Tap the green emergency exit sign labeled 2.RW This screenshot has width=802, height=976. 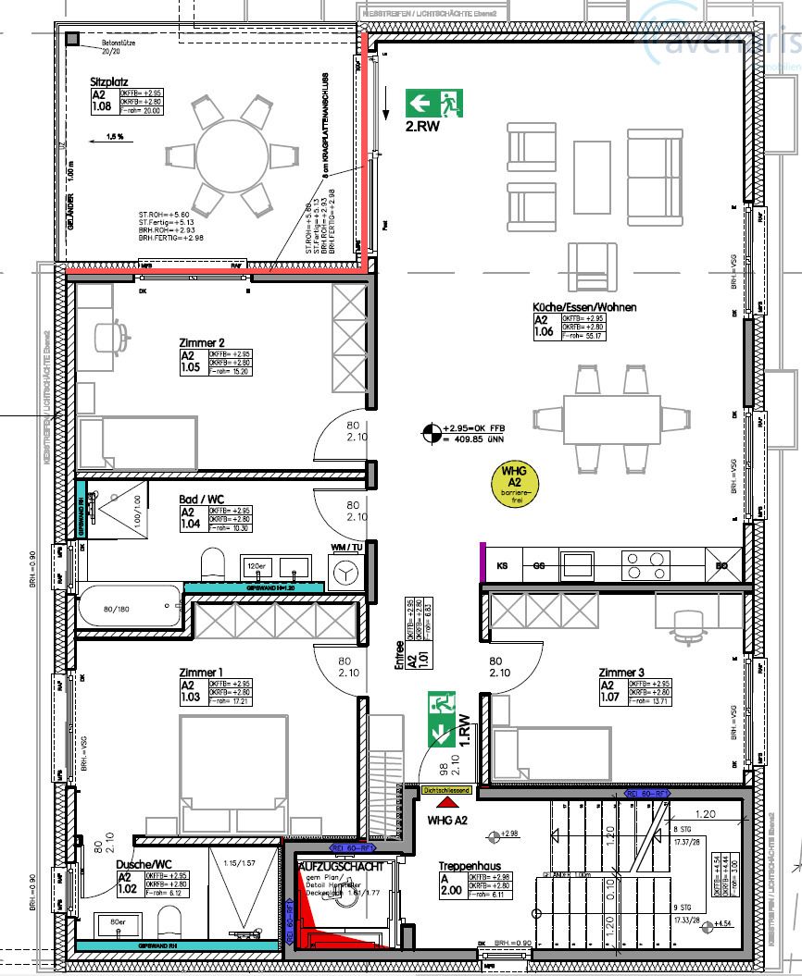click(x=433, y=102)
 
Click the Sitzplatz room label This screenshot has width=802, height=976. click(x=107, y=80)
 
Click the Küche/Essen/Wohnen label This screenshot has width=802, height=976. click(x=583, y=307)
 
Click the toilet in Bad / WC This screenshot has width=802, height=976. click(x=213, y=562)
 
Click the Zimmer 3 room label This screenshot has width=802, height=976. click(x=620, y=672)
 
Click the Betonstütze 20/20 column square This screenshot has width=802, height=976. click(x=71, y=37)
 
